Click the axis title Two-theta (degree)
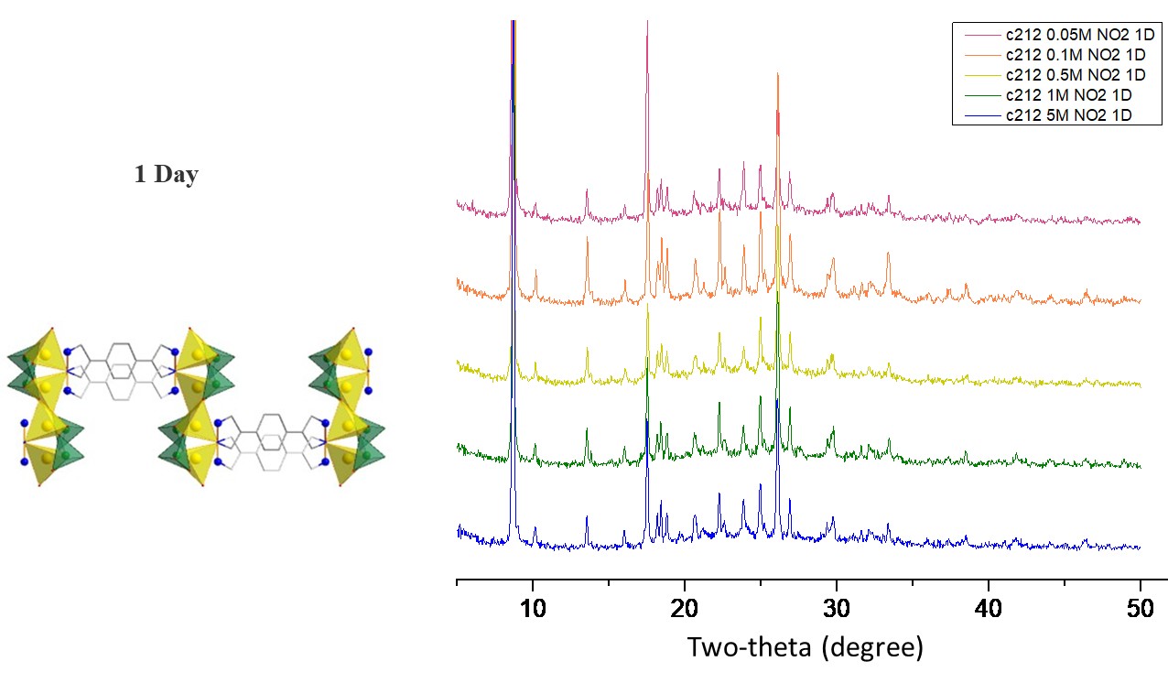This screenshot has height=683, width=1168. [806, 648]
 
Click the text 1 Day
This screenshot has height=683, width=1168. [166, 175]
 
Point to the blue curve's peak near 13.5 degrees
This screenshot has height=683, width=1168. [587, 518]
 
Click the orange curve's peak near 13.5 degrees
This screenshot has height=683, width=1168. [587, 240]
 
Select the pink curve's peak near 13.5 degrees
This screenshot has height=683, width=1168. [587, 190]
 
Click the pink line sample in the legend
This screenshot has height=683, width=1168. [979, 35]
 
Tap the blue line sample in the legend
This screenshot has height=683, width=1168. [979, 115]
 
